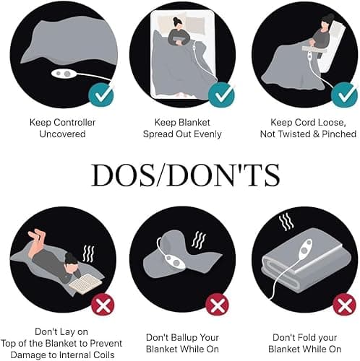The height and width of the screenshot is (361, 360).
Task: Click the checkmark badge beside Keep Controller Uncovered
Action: click(x=100, y=95)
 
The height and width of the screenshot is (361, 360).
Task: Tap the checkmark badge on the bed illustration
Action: click(x=221, y=95)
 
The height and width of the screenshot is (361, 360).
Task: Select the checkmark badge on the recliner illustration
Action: click(x=344, y=95)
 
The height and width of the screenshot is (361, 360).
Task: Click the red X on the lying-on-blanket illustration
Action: click(x=103, y=305)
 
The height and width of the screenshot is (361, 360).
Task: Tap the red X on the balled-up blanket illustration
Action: click(x=217, y=305)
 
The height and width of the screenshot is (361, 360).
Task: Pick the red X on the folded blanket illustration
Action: click(x=344, y=305)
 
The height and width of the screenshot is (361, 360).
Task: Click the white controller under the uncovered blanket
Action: click(x=64, y=74)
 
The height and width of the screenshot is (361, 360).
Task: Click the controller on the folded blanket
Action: click(x=305, y=250)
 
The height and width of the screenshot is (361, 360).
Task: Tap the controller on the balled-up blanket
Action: click(x=175, y=262)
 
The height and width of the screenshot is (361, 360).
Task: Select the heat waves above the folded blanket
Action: click(x=286, y=221)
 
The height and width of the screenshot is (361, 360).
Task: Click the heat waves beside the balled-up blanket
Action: click(x=199, y=240)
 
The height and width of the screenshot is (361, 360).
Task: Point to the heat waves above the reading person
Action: click(x=88, y=253)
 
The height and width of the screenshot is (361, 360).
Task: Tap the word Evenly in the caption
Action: click(x=207, y=134)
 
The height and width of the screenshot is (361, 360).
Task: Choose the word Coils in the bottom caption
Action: click(x=104, y=355)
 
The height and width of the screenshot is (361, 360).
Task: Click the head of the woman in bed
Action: click(x=178, y=23)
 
